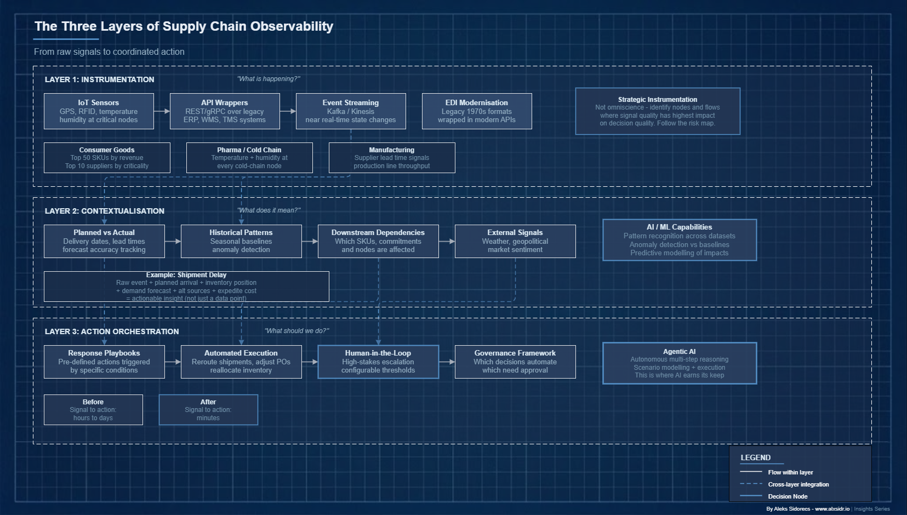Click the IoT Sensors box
[x=99, y=111]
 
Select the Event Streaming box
[x=351, y=111]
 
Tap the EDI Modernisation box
[x=477, y=111]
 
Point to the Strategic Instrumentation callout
[x=658, y=111]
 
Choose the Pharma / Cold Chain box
[x=249, y=158]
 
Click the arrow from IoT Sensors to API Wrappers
[x=162, y=111]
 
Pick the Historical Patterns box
[x=241, y=241]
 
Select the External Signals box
[x=515, y=241]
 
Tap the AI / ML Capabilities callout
[x=680, y=240]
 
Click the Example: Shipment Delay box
[x=186, y=287]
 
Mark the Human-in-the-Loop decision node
[x=378, y=362]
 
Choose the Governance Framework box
[x=515, y=362]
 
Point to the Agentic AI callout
[x=680, y=363]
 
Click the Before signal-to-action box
[x=93, y=410]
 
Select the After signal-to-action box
[x=208, y=410]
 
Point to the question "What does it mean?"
[x=269, y=210]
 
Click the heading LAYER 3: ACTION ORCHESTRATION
[x=112, y=331]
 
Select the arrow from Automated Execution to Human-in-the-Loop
[x=310, y=362]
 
